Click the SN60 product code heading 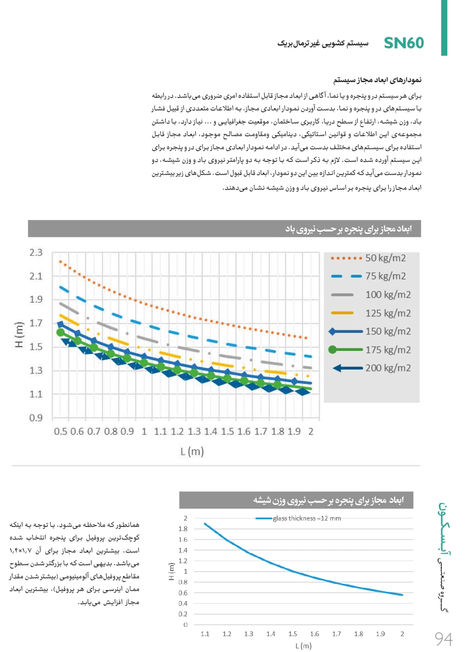404,43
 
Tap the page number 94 444,638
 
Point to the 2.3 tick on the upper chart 36,253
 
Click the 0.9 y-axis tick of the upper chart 36,418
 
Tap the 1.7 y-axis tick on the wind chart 36,323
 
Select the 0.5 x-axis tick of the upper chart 61,431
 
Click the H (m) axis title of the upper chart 19,335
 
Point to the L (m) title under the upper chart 192,451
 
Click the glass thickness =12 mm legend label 307,518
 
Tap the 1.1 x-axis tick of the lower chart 205,634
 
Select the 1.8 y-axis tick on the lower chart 183,529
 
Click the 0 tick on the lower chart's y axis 185,624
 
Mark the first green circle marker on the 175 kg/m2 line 61,333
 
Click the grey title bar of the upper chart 224,229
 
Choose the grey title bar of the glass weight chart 296,500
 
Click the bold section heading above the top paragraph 377,80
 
